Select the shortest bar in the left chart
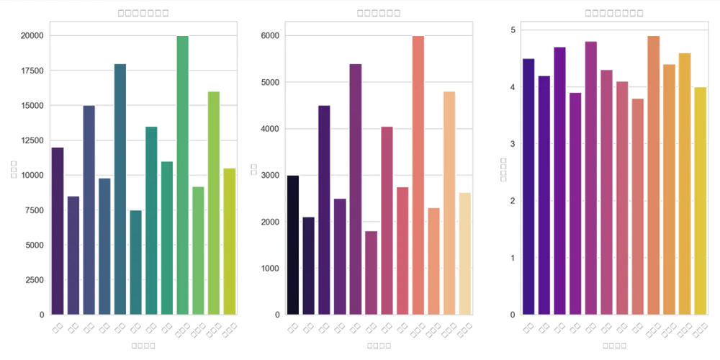pyautogui.click(x=136, y=262)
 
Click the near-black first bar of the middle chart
pyautogui.click(x=292, y=245)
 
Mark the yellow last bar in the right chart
pyautogui.click(x=700, y=201)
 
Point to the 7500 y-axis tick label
pyautogui.click(x=33, y=210)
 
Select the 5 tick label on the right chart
pyautogui.click(x=513, y=30)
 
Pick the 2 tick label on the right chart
pyautogui.click(x=513, y=201)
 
